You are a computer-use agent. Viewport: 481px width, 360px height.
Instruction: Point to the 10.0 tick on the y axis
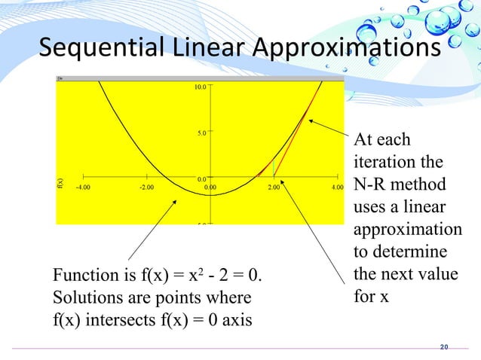200,87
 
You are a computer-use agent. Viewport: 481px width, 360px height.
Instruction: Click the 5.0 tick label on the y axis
201,133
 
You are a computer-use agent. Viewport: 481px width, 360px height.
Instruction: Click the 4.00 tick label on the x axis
338,188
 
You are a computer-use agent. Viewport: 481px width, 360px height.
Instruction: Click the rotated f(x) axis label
61,182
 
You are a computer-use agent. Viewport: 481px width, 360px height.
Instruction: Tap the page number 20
443,346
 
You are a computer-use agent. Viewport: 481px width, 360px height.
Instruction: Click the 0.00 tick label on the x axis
210,188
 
